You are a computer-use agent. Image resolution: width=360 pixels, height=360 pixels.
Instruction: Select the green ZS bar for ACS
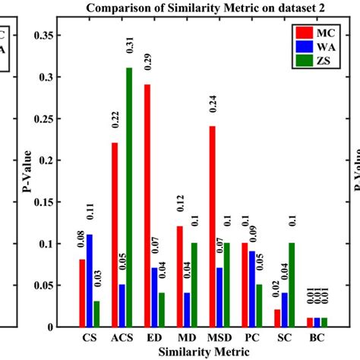click(128, 197)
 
